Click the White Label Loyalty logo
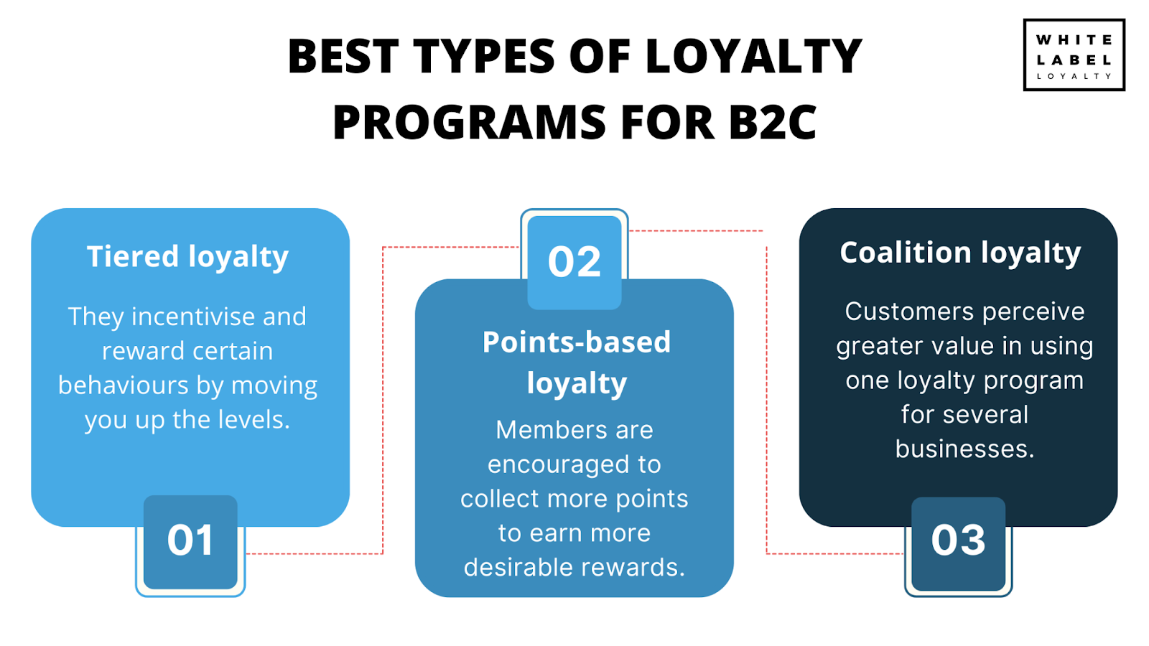tap(1074, 55)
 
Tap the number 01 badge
tap(190, 545)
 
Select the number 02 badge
tap(574, 259)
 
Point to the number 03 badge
tap(958, 546)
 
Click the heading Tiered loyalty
tap(187, 256)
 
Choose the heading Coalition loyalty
tap(960, 253)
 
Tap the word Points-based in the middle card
tap(577, 342)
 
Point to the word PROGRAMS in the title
tap(470, 122)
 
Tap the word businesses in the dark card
tap(965, 449)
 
